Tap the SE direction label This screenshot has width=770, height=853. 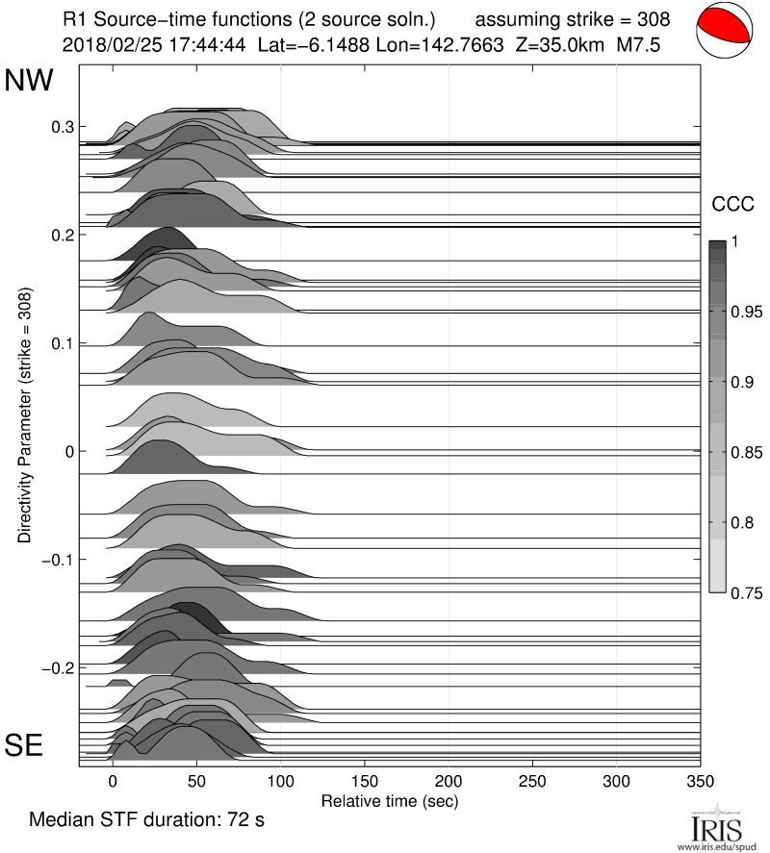coord(25,744)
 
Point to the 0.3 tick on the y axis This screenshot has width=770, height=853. coord(62,127)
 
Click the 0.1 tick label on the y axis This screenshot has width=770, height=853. coord(62,343)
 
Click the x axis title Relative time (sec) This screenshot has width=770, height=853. coord(389,800)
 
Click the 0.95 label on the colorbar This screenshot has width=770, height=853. coord(741,312)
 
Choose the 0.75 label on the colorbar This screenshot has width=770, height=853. coord(741,593)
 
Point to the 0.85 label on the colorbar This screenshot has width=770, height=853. coord(741,453)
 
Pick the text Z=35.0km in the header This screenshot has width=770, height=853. coord(562,43)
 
